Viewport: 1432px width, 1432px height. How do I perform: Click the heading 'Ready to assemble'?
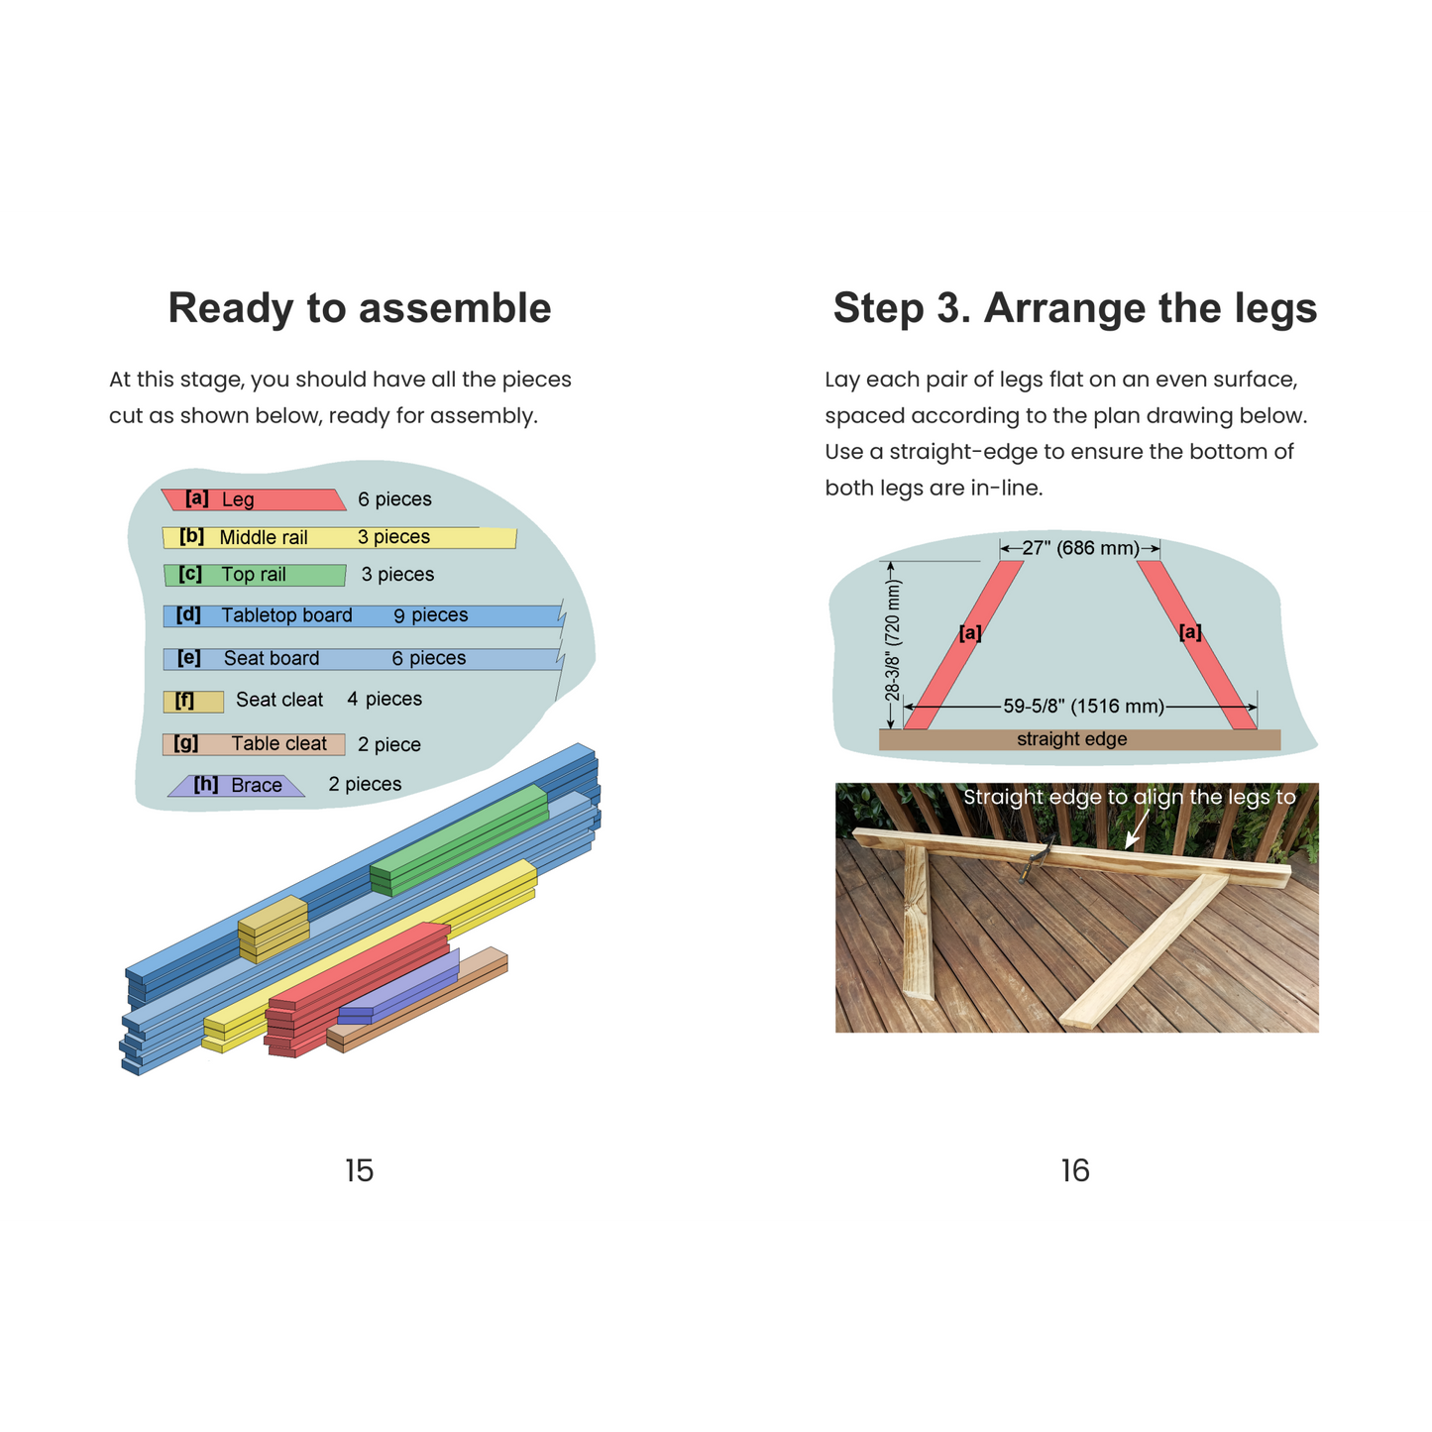(360, 308)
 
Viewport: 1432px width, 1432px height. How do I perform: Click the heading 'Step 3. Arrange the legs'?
(1074, 308)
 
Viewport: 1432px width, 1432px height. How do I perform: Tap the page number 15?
(359, 1170)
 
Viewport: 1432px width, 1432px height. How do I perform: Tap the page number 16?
(1074, 1170)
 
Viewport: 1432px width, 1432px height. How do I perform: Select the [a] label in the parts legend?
(196, 497)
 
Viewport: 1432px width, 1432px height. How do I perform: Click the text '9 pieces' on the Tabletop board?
(431, 615)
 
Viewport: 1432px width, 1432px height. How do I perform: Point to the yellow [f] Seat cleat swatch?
(193, 702)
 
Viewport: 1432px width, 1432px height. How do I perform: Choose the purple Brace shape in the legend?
(236, 786)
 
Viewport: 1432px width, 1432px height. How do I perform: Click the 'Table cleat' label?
(278, 744)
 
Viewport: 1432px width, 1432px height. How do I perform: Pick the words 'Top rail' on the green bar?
(254, 575)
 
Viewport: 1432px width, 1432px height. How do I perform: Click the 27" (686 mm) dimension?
(1080, 548)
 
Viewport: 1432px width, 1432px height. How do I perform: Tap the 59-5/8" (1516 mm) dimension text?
(1083, 706)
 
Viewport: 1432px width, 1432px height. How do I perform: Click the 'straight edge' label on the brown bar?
(1071, 739)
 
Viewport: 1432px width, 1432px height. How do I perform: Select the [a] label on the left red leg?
(970, 633)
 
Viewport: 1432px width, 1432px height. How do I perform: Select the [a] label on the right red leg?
(1190, 632)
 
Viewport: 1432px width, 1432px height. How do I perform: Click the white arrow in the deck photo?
(1137, 827)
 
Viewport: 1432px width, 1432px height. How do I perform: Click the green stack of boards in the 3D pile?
(459, 840)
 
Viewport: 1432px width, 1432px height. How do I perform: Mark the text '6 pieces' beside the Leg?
(394, 499)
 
